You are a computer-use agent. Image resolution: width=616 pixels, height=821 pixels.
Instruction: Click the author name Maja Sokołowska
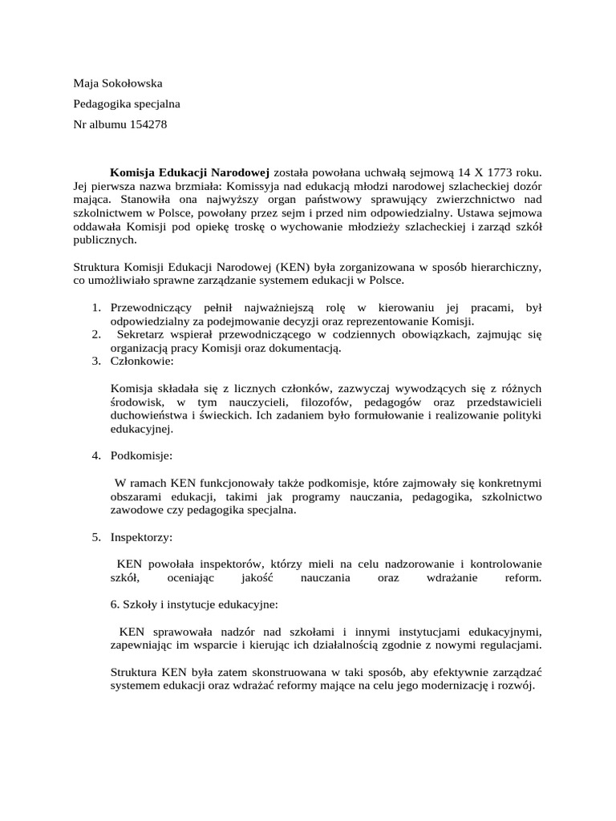118,83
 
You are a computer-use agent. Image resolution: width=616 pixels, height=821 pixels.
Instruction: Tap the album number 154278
149,124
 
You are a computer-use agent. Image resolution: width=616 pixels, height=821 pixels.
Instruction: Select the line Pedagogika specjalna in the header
127,103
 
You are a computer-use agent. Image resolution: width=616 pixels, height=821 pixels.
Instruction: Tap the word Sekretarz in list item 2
142,334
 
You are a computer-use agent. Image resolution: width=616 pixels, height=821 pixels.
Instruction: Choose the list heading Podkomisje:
141,455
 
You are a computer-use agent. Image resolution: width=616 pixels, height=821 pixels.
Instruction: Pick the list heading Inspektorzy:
141,536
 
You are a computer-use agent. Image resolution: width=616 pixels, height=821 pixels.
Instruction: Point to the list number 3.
95,362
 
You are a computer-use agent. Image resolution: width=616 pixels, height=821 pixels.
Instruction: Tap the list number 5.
95,536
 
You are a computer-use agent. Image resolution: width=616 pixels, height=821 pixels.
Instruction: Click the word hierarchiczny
502,266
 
